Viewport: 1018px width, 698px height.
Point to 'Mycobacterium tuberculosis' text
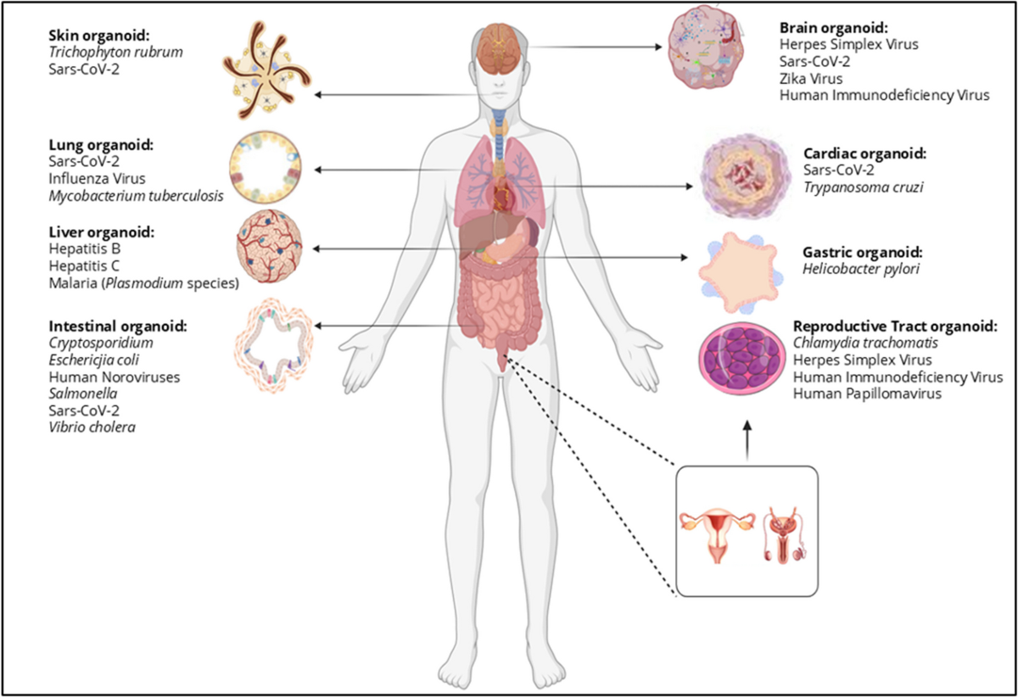point(136,197)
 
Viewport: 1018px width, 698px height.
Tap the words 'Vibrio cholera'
point(92,427)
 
